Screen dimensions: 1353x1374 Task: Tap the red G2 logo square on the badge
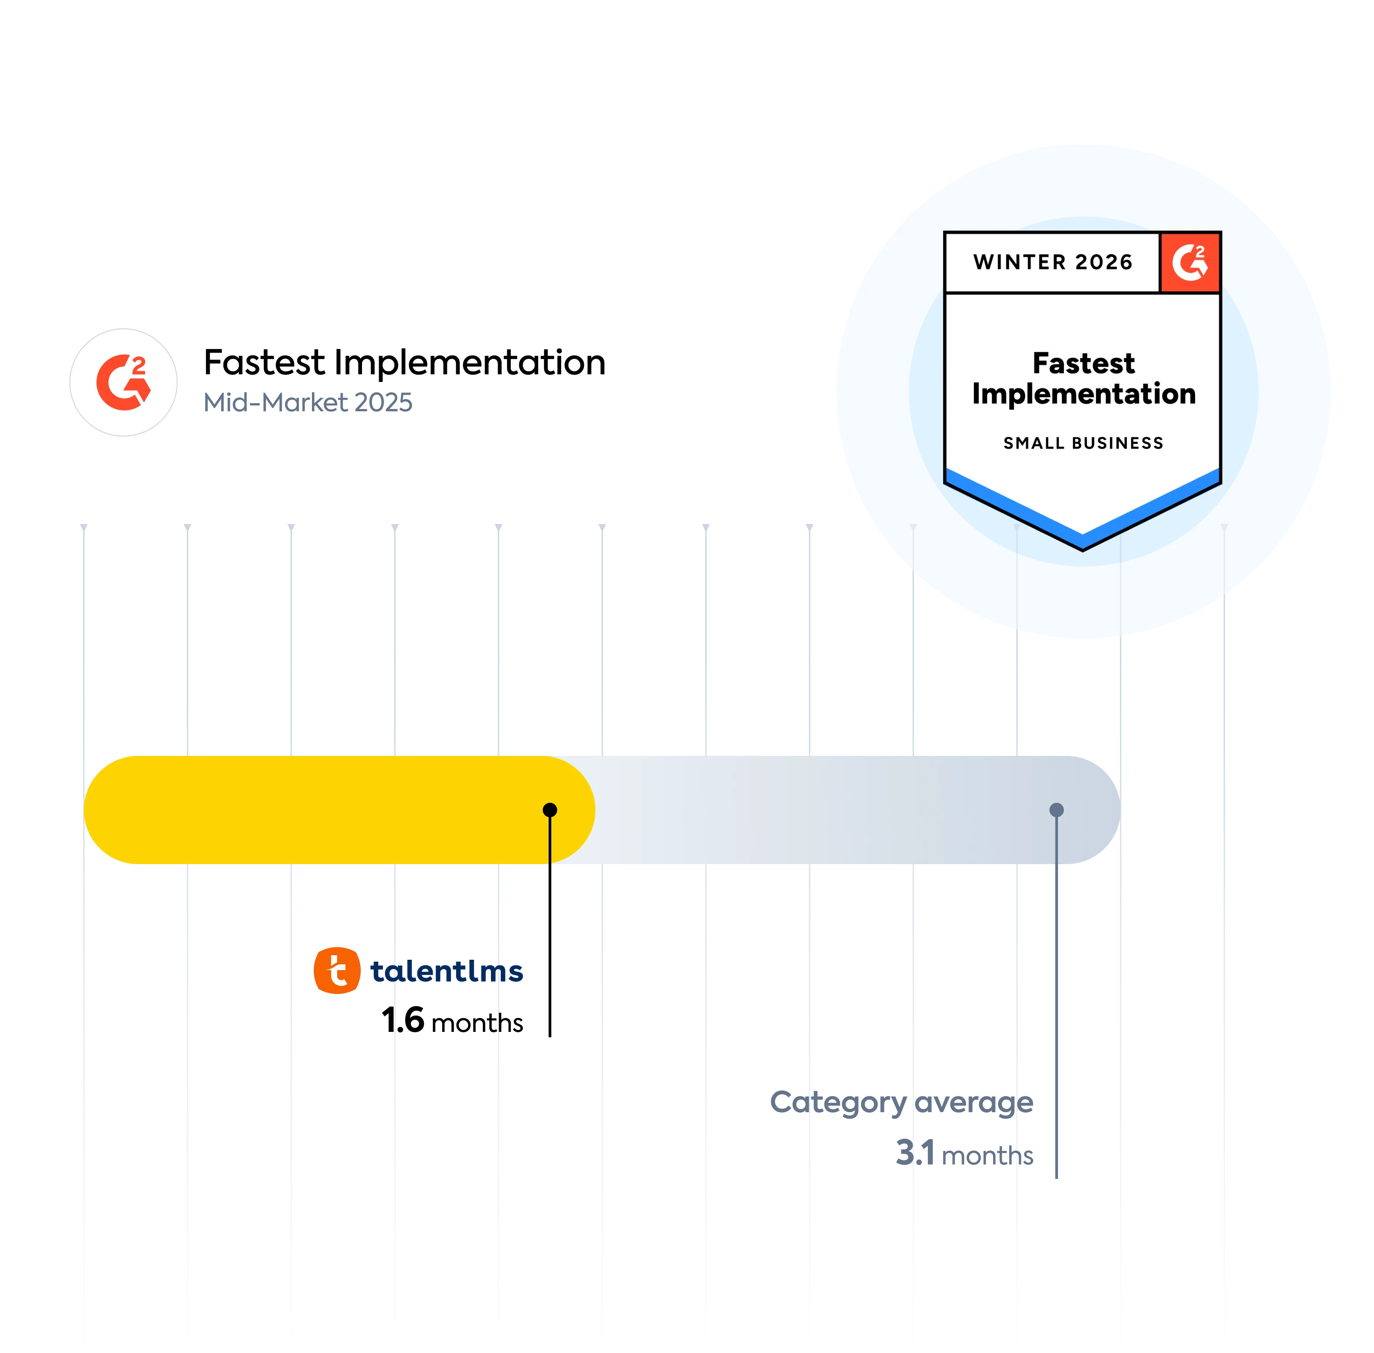1190,262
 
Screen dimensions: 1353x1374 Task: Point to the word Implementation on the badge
1083,394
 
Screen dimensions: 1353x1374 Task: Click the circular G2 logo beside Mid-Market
124,382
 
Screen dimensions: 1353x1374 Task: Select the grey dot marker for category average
1057,810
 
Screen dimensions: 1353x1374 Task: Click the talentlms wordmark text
446,971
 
